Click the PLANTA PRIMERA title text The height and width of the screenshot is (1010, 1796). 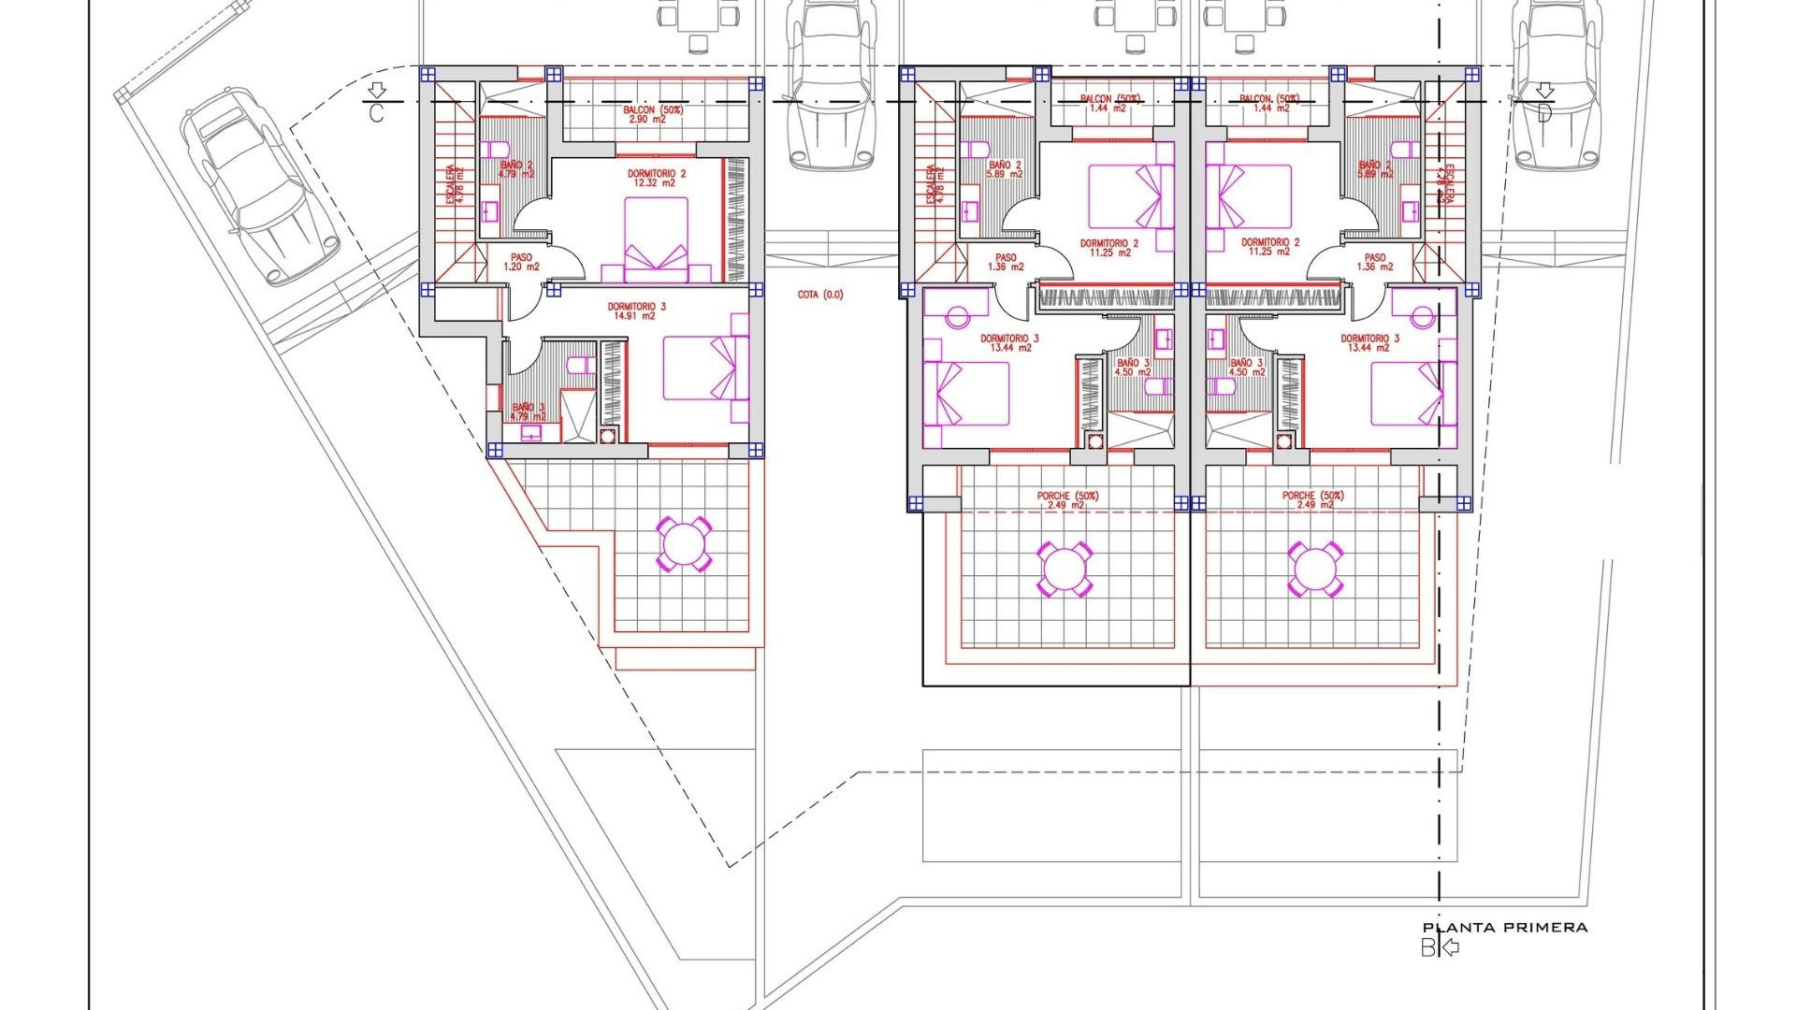pos(1505,928)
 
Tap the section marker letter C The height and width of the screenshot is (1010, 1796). pos(376,114)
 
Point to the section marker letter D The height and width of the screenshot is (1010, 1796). pos(1544,114)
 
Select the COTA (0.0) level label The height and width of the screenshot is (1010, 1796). pos(820,295)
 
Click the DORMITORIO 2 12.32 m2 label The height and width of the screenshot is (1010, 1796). pos(656,178)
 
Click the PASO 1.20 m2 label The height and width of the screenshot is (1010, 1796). pos(522,262)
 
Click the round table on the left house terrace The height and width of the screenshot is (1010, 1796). pos(684,544)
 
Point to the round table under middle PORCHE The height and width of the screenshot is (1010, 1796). pos(1064,568)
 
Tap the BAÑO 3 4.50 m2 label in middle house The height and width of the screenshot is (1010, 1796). pos(1133,368)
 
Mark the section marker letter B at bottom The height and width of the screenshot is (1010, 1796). pos(1427,948)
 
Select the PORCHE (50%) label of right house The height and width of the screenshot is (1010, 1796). pos(1312,500)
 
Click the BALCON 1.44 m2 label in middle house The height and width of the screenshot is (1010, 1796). pos(1108,103)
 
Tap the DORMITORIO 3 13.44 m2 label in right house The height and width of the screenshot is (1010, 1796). pos(1369,343)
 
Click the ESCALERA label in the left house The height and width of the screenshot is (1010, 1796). pos(454,184)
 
